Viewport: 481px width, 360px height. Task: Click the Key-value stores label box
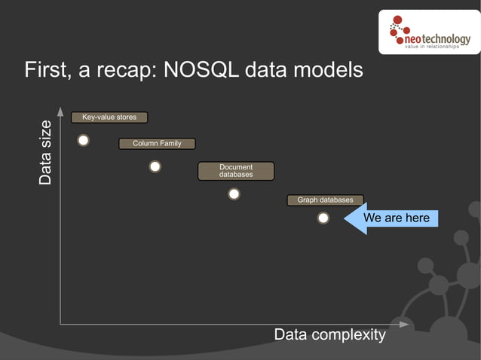point(109,117)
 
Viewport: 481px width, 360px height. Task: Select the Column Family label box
point(157,143)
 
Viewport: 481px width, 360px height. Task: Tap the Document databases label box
point(236,171)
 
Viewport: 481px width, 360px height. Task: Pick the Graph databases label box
point(325,200)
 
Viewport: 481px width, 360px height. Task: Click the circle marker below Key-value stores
point(84,140)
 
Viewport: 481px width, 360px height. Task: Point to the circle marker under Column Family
point(155,166)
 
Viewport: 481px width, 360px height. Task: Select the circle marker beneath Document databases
point(234,194)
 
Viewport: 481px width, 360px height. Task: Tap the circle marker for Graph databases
point(323,218)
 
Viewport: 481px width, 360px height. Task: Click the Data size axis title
point(46,153)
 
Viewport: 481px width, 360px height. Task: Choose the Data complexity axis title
point(329,334)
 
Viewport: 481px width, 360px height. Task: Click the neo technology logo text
point(437,39)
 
